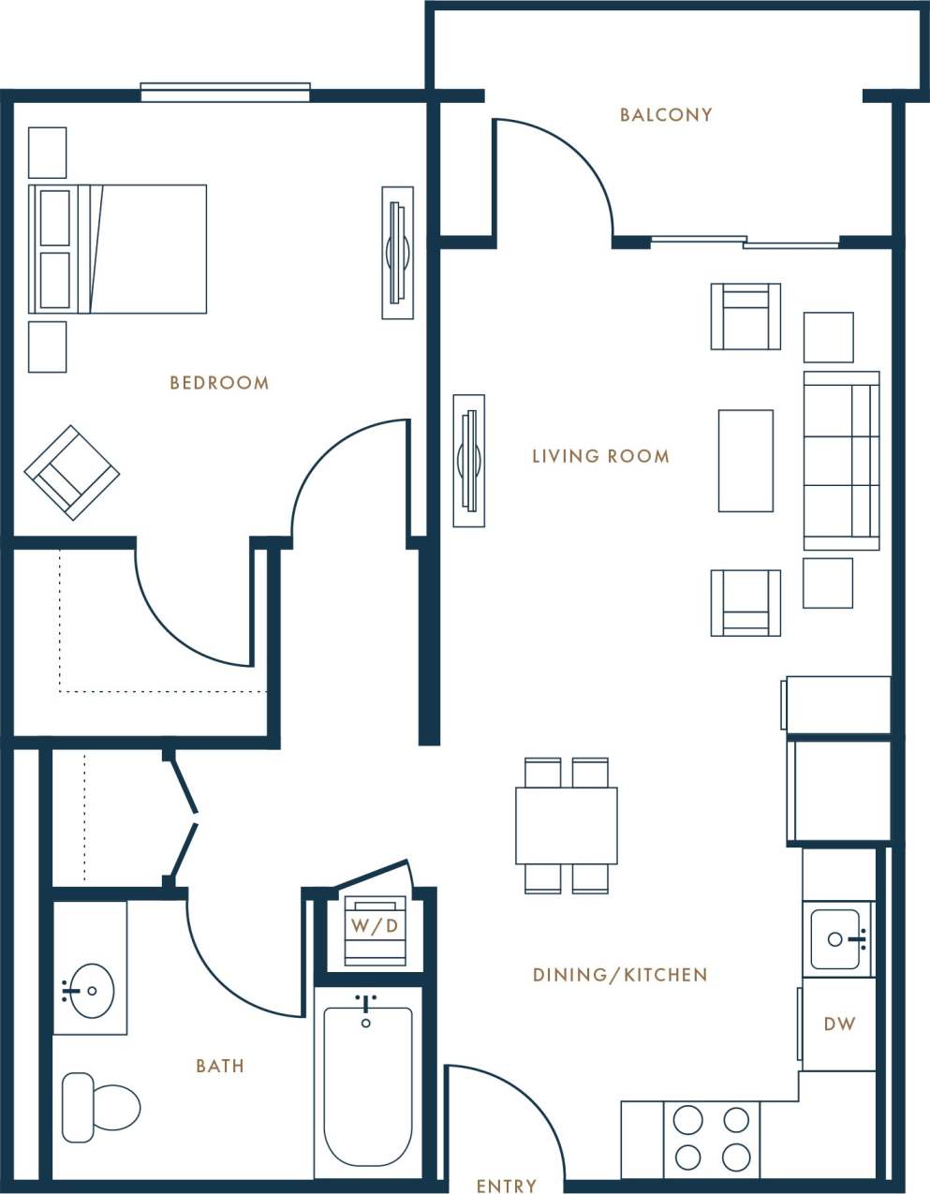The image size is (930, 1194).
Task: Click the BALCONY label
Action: click(666, 115)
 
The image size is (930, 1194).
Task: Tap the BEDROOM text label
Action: click(219, 383)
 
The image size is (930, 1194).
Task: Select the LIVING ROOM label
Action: click(600, 457)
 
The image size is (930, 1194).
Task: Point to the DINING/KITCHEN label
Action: click(619, 975)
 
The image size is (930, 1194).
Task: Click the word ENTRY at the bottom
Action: click(507, 1186)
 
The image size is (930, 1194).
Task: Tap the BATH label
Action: click(220, 1066)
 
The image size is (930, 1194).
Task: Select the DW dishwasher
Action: click(839, 1024)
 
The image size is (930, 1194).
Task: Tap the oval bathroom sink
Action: click(90, 989)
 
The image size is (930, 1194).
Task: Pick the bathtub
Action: click(367, 1086)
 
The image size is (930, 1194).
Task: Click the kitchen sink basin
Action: click(834, 939)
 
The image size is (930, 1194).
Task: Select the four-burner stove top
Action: click(712, 1138)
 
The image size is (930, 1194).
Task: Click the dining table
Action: click(566, 825)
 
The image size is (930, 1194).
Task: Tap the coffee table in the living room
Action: click(745, 461)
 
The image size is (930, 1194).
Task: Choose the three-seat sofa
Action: click(840, 461)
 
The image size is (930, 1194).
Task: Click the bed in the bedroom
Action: click(118, 249)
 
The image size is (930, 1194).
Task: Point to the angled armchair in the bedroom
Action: click(71, 473)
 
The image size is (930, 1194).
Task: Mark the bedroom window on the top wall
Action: click(225, 92)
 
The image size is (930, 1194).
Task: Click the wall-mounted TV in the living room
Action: click(468, 461)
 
